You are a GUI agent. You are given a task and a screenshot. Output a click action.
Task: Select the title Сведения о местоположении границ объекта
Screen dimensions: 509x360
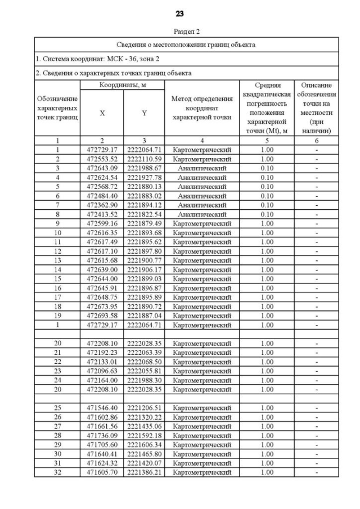[186, 44]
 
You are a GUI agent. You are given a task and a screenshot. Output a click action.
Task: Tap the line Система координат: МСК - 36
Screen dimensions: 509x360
[89, 58]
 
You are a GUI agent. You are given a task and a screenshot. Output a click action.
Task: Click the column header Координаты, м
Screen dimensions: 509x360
[123, 84]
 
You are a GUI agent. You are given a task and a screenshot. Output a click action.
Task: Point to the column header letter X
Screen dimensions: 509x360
[102, 113]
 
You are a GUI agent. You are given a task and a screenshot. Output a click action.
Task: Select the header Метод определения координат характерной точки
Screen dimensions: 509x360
[202, 108]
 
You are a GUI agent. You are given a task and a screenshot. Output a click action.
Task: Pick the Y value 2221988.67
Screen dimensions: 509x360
[144, 168]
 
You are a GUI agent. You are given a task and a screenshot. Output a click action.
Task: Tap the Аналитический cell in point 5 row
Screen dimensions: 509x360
[202, 187]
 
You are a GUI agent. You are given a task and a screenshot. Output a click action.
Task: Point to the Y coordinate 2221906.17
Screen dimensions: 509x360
[144, 269]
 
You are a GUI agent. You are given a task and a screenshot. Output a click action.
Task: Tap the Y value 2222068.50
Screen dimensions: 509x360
[144, 362]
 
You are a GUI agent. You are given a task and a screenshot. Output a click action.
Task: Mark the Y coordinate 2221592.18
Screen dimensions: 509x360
[144, 435]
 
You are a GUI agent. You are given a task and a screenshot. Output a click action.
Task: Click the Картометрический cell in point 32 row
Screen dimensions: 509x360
[202, 472]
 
